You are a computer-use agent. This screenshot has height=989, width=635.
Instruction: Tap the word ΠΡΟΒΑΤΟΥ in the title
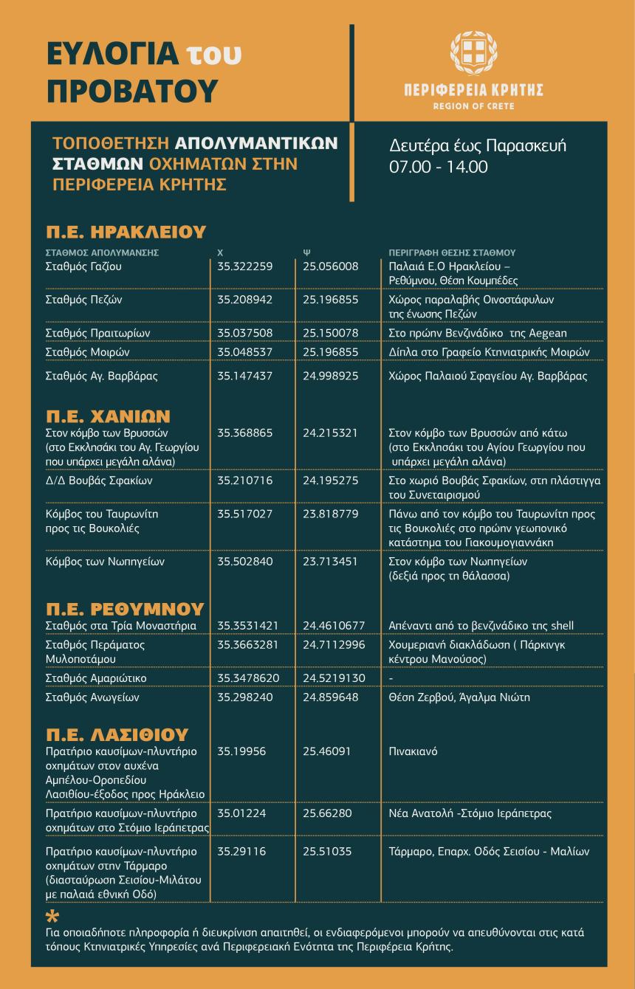click(x=133, y=89)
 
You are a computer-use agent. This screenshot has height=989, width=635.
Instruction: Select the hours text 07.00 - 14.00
click(x=439, y=167)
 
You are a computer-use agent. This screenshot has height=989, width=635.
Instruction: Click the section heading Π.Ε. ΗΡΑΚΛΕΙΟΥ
click(x=125, y=232)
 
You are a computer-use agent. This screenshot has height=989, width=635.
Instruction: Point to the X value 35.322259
click(x=245, y=266)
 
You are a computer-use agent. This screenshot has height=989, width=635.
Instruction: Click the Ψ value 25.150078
click(x=331, y=333)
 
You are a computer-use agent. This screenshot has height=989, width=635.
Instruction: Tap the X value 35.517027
click(x=245, y=514)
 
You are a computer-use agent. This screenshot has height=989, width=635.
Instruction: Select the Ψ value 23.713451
click(x=331, y=562)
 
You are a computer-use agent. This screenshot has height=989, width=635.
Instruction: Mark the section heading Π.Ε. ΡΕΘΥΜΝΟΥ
click(x=125, y=609)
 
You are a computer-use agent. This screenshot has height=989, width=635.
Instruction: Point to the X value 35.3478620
click(x=248, y=678)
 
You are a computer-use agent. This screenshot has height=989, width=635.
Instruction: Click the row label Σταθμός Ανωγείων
click(x=92, y=697)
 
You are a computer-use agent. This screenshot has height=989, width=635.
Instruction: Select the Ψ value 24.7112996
click(x=334, y=644)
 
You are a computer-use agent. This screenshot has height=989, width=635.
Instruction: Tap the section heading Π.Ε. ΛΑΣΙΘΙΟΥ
click(x=117, y=734)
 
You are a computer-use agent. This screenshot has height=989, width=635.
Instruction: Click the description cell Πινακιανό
click(x=413, y=752)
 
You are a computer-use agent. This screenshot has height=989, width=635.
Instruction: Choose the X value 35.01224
click(x=241, y=813)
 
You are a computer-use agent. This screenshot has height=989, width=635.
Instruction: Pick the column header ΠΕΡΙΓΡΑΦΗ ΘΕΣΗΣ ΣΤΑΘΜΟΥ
click(x=451, y=252)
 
